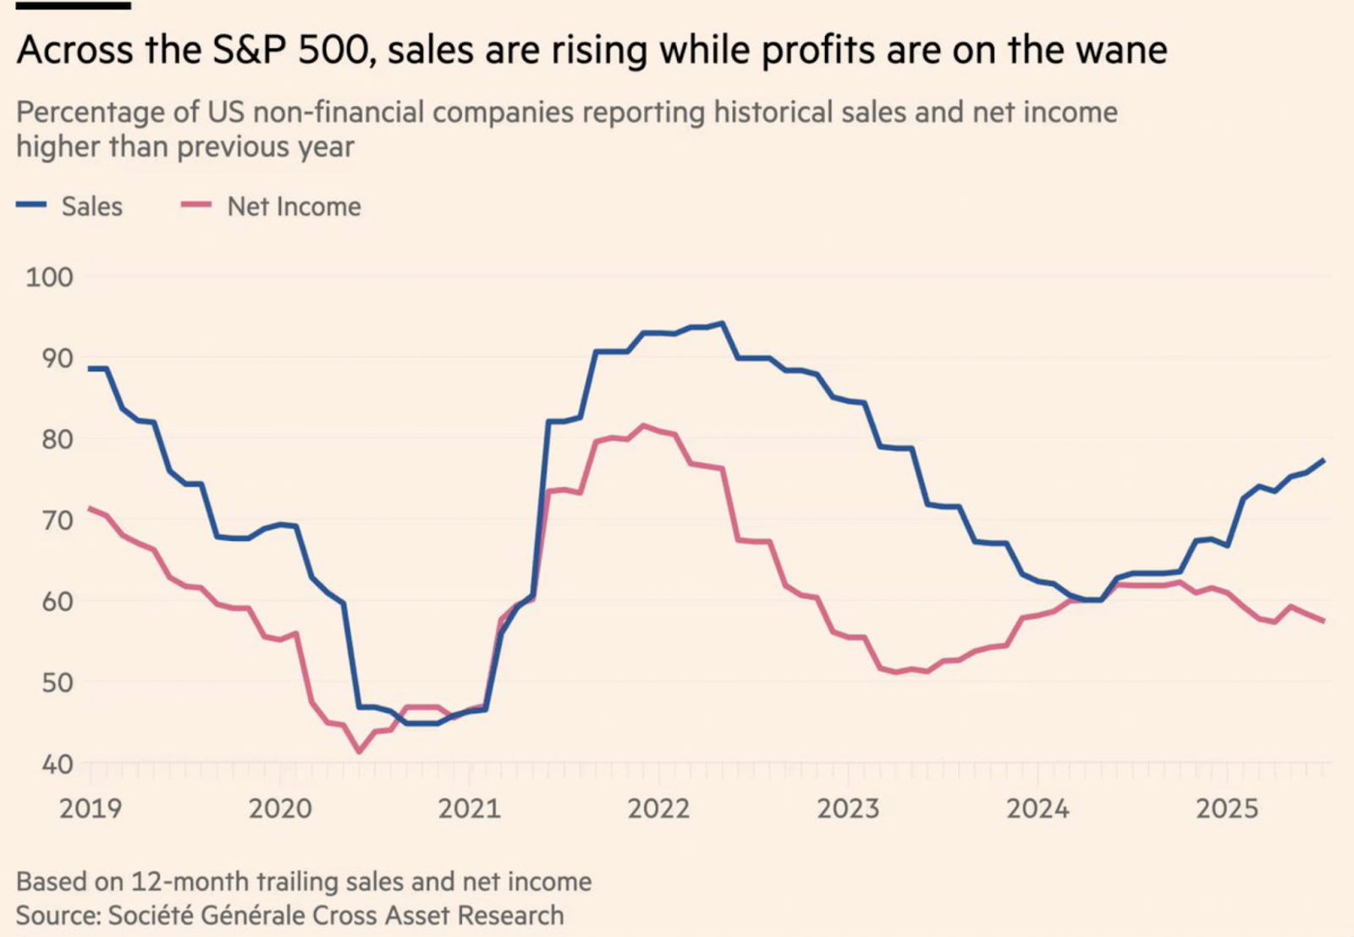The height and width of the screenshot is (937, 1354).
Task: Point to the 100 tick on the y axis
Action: [x=49, y=278]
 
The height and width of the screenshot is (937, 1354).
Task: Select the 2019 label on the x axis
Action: [x=91, y=809]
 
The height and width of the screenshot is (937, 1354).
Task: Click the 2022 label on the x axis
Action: [x=658, y=809]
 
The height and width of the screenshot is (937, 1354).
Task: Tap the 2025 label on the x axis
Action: [x=1227, y=809]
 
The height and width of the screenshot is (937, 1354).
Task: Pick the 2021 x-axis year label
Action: [x=470, y=809]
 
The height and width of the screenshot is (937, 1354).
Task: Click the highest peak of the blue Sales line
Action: [x=722, y=322]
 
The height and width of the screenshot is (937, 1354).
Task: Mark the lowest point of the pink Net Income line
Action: [x=359, y=751]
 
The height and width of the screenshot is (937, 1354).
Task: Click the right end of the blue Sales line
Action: [x=1324, y=460]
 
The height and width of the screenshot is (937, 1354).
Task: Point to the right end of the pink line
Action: [x=1324, y=621]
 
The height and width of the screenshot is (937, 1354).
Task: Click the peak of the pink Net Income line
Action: [x=644, y=425]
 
